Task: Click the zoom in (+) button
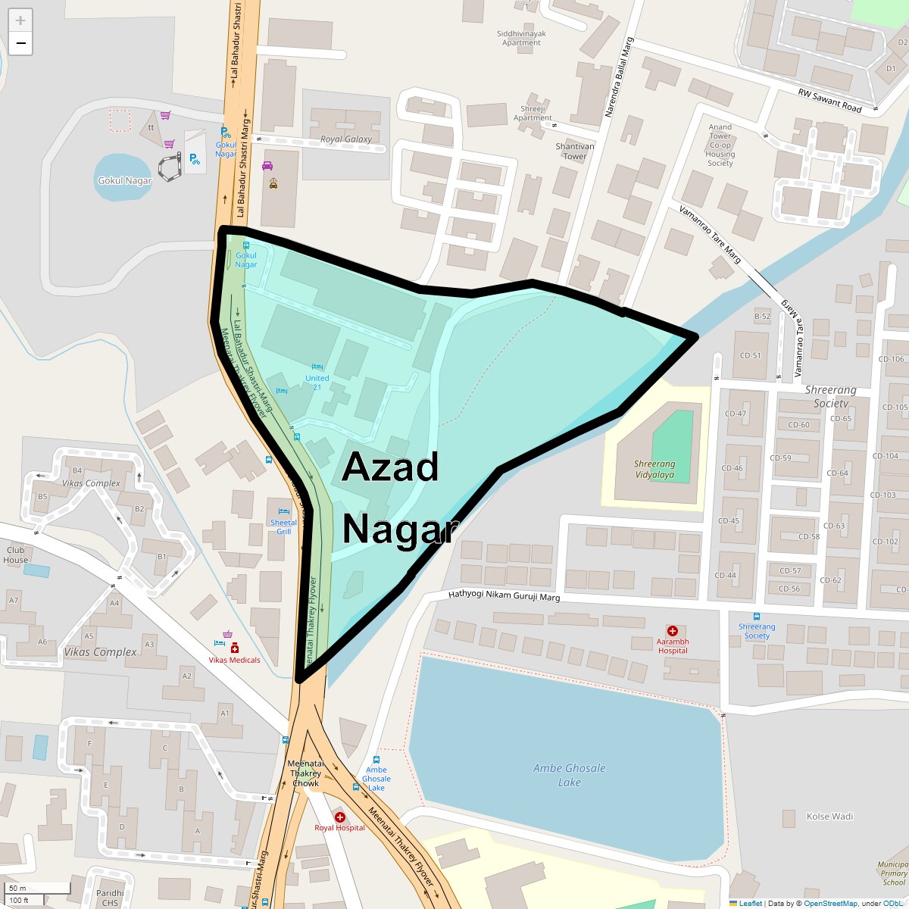point(20,20)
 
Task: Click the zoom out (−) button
point(20,43)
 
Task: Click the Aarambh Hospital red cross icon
point(672,631)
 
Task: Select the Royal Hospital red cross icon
point(340,817)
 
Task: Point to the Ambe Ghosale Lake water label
point(569,774)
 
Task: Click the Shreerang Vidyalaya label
point(654,469)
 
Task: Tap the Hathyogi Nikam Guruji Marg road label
point(504,597)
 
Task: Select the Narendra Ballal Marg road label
point(617,80)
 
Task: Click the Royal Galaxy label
point(346,139)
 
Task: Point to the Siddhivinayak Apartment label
point(521,38)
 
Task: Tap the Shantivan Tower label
point(575,151)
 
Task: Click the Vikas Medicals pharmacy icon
point(235,648)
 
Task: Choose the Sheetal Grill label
point(283,526)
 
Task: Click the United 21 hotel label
point(317,383)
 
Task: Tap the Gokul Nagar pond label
point(124,180)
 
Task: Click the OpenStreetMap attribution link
point(830,903)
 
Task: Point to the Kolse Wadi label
point(829,817)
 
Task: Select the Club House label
point(15,554)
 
